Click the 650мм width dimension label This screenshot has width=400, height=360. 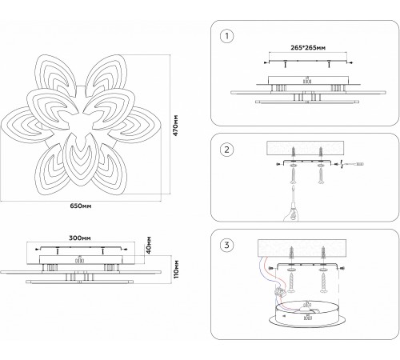(81, 206)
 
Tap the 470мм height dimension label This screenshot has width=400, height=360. (175, 126)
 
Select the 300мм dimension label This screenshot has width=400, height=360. (80, 238)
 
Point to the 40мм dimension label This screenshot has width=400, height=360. (149, 245)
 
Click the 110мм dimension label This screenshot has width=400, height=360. (176, 270)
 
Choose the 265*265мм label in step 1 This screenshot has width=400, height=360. (308, 48)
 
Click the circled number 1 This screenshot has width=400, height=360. (227, 36)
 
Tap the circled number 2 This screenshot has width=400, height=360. (226, 150)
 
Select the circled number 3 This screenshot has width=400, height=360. (226, 245)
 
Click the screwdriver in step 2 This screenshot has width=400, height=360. (353, 163)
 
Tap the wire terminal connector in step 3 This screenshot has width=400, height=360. (280, 290)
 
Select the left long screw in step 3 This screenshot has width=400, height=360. (291, 283)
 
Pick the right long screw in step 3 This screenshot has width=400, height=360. (323, 283)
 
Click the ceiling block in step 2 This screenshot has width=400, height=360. (306, 148)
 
